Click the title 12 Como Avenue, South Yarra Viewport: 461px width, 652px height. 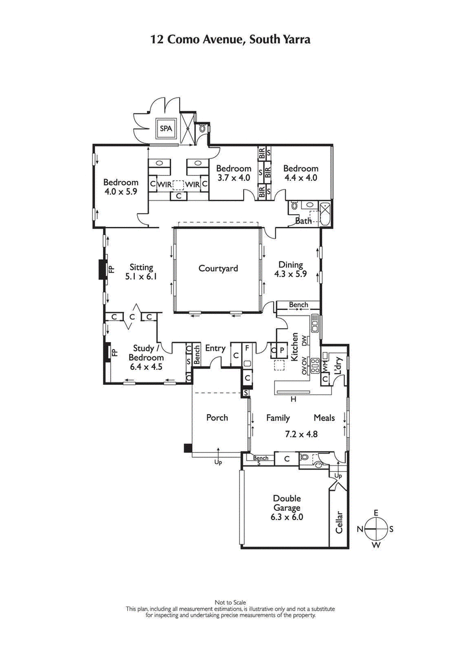231,40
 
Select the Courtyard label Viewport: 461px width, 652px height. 218,268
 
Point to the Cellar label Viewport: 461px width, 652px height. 339,522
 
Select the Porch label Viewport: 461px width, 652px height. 218,418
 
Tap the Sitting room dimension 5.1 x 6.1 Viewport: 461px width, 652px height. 141,276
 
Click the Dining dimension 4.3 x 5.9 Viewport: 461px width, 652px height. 290,275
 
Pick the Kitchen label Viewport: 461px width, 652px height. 294,347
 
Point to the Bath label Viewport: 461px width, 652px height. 303,221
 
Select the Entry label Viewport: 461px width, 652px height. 215,348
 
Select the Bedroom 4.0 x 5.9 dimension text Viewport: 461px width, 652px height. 120,191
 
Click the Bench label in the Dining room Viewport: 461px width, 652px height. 298,305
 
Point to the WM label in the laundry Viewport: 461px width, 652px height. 325,365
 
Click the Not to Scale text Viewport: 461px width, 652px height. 231,602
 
